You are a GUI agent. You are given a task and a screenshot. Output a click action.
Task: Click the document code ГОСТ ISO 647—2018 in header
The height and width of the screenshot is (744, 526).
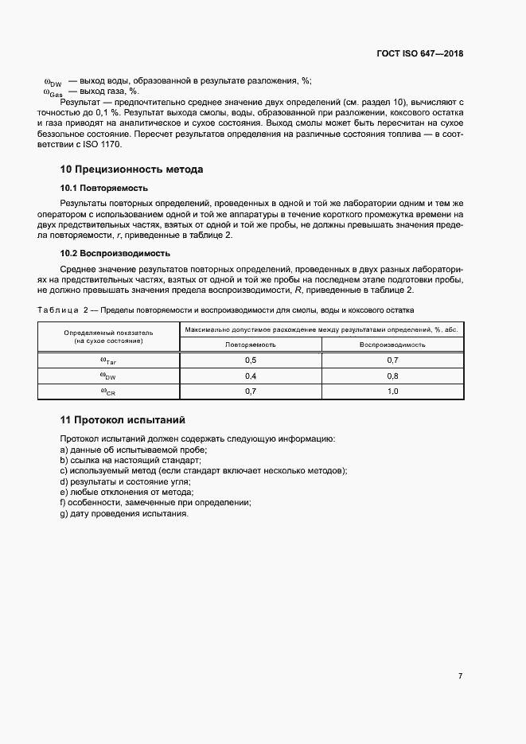click(419, 54)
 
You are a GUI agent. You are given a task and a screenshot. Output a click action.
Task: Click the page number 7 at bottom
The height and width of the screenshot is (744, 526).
click(460, 676)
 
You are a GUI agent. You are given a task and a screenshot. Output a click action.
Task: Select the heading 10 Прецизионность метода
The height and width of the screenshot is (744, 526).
click(131, 169)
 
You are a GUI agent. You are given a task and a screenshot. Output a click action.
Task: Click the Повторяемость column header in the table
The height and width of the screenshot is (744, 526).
click(251, 345)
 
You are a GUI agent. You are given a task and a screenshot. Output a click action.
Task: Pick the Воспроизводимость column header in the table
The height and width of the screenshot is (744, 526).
click(392, 345)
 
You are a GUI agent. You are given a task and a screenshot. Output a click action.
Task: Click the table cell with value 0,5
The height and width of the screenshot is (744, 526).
click(251, 360)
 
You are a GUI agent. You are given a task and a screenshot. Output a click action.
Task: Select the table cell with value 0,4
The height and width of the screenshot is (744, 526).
click(251, 376)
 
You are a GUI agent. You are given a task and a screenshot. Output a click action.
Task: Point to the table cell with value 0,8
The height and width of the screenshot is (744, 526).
click(392, 376)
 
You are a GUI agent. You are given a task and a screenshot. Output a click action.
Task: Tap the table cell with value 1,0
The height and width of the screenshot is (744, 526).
click(392, 391)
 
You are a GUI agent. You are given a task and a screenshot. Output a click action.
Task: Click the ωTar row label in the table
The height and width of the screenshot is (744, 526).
click(108, 360)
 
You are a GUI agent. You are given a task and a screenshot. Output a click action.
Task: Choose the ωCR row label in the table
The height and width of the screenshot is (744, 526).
click(108, 391)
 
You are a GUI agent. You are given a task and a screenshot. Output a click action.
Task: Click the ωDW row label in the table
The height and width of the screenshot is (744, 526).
click(108, 376)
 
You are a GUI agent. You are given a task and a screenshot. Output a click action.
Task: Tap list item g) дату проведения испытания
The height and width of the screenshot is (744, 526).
click(124, 513)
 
